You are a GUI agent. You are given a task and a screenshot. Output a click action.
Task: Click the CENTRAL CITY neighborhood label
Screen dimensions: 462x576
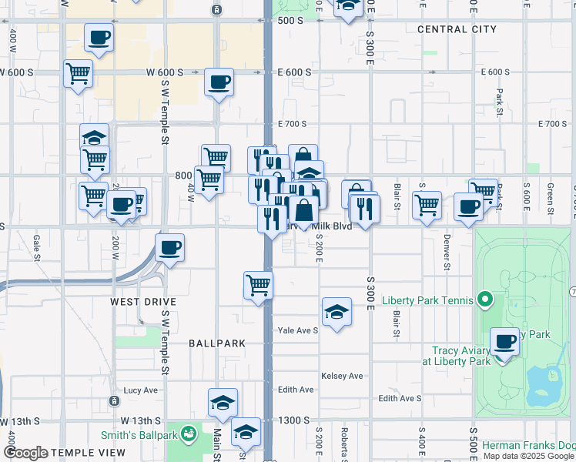457,29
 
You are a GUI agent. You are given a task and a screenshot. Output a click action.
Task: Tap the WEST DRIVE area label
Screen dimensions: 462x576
143,302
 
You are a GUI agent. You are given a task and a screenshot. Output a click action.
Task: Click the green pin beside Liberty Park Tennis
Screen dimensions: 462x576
484,298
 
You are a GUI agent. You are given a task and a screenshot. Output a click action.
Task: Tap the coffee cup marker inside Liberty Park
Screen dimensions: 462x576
505,342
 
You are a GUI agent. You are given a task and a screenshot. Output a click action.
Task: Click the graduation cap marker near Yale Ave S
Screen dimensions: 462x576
337,312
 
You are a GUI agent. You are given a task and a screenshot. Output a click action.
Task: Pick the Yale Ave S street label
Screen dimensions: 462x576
297,330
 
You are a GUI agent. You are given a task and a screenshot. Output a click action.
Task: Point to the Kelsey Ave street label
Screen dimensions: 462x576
341,376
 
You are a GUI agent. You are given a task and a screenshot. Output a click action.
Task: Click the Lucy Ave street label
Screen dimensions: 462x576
140,390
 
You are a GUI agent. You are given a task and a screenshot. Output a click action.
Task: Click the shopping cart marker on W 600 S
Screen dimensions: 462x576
78,75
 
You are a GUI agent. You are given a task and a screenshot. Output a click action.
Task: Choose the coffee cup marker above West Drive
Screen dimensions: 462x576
169,248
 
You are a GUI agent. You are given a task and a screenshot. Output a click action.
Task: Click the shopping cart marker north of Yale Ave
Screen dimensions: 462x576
258,285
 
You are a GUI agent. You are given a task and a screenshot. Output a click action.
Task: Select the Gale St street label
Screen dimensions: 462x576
36,247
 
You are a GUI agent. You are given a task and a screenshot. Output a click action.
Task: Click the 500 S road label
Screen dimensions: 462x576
290,21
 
